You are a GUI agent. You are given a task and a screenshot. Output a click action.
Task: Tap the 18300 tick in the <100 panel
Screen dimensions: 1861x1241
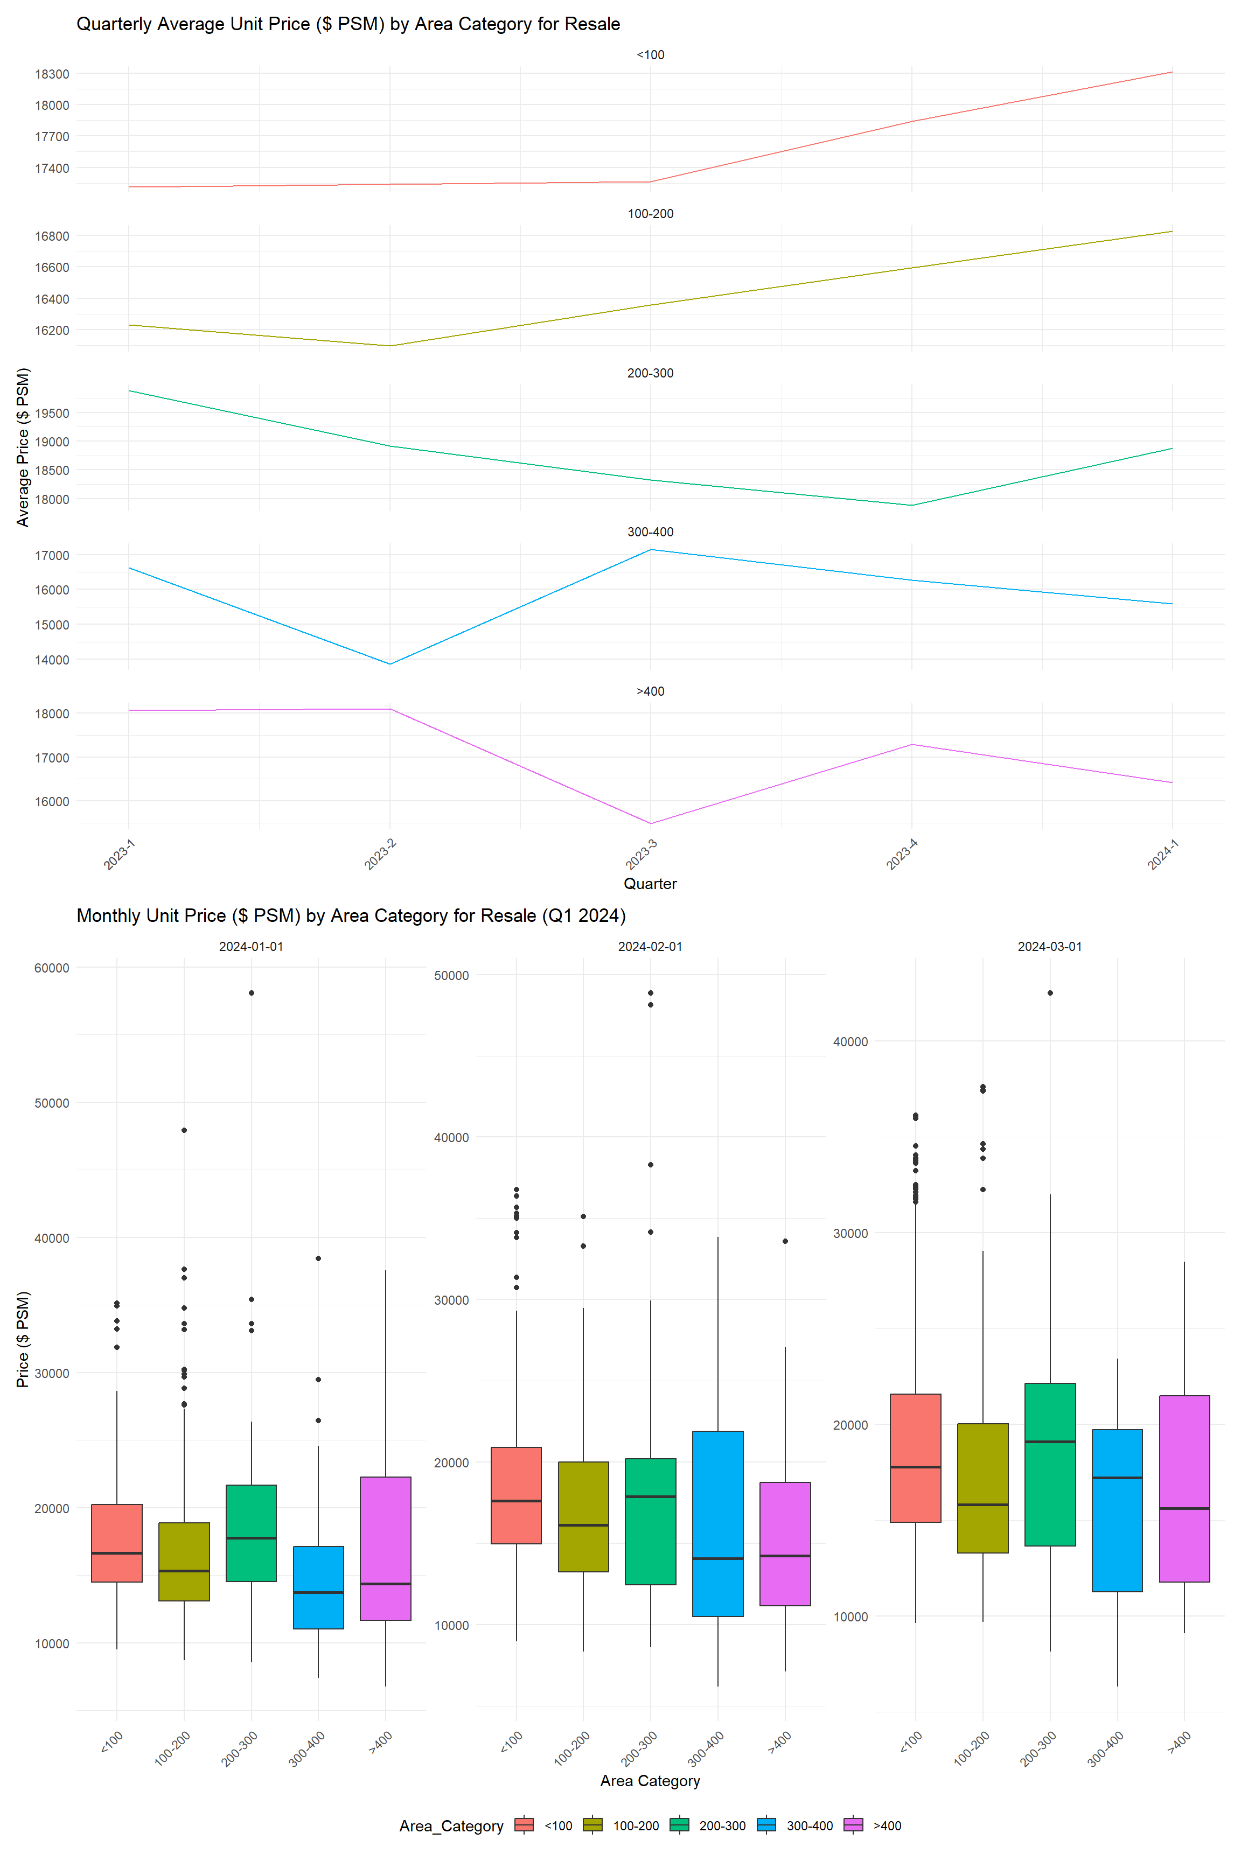[52, 74]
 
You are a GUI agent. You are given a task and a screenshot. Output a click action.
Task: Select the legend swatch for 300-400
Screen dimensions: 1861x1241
[766, 1825]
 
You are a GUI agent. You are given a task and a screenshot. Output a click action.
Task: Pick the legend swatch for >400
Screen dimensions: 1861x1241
[853, 1825]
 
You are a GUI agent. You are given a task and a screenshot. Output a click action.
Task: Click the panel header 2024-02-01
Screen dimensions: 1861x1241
[650, 946]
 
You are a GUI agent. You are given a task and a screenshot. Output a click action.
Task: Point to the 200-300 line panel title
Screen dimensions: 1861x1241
[650, 373]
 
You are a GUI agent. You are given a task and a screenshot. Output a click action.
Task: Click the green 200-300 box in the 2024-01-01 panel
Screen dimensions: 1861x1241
[251, 1533]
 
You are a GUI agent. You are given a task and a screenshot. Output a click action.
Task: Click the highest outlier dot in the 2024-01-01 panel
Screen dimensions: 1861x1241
[252, 993]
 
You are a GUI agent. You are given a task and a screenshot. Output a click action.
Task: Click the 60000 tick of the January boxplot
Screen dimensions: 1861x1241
[52, 968]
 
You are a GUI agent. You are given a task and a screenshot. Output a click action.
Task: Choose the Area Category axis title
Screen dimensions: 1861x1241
[650, 1780]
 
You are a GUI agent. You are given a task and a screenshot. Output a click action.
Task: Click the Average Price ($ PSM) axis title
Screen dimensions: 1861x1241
[23, 447]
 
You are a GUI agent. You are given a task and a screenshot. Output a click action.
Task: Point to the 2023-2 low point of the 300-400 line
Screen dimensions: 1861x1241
[389, 664]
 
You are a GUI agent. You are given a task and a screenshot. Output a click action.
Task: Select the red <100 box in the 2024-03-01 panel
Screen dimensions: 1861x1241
[916, 1458]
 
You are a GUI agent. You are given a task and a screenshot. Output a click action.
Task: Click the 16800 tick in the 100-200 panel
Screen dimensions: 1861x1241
[52, 236]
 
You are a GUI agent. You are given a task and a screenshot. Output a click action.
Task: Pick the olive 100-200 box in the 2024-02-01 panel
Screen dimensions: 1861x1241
[583, 1516]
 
